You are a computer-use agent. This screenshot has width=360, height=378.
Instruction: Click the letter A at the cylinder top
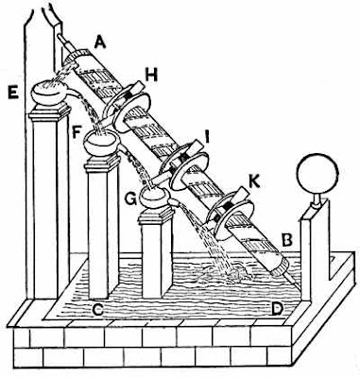[x=100, y=43]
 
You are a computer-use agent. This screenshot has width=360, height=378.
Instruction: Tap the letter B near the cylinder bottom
[x=287, y=241]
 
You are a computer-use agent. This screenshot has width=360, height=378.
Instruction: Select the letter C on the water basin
[x=98, y=310]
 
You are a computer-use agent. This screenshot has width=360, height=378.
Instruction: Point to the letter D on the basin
[x=276, y=310]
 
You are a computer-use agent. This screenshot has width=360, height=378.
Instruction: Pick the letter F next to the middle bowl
[x=77, y=133]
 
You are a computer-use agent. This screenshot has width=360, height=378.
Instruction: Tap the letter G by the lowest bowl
[x=130, y=198]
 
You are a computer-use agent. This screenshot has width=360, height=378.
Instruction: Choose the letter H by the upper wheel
[x=151, y=77]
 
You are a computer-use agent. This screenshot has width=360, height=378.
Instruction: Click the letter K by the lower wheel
[x=254, y=182]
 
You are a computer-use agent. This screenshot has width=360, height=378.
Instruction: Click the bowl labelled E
[x=49, y=93]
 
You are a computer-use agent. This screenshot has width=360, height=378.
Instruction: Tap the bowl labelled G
[x=153, y=198]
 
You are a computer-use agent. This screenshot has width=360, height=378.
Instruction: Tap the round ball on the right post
[x=318, y=172]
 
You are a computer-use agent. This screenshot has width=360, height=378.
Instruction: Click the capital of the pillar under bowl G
[x=157, y=216]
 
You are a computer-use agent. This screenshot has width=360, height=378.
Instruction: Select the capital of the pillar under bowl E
[x=49, y=112]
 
